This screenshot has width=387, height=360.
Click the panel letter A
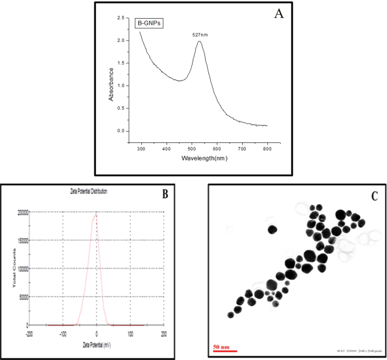278,14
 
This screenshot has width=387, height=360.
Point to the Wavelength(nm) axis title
204,158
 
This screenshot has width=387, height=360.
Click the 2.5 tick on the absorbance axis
120,18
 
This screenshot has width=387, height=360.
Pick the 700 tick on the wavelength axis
242,149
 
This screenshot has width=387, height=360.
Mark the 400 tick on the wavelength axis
166,149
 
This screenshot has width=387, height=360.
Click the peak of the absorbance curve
199,41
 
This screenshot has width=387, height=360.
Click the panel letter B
166,194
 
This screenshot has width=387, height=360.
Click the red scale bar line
224,351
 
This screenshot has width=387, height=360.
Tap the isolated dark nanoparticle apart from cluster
272,229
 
